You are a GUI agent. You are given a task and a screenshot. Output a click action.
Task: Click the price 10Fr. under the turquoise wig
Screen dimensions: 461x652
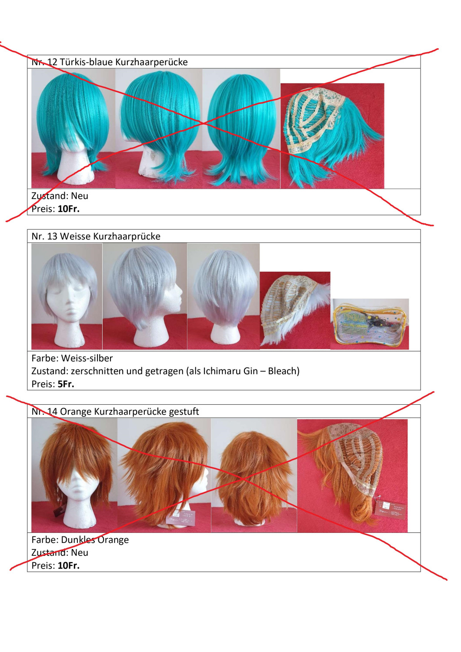[68, 209]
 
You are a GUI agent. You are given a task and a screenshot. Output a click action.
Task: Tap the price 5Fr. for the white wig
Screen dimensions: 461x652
[66, 384]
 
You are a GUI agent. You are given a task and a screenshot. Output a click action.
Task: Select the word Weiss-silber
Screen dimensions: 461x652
[87, 358]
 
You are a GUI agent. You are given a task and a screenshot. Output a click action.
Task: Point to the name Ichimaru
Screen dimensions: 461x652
[222, 371]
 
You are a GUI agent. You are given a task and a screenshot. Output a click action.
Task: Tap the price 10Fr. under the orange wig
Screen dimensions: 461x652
[68, 565]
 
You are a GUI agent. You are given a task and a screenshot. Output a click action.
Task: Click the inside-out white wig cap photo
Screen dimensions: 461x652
[295, 310]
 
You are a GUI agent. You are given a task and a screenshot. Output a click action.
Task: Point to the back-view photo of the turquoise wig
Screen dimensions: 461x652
[241, 128]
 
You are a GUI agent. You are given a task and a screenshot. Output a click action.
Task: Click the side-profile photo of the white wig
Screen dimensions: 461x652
[145, 296]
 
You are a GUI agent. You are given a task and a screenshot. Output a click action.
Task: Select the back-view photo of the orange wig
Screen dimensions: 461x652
[254, 476]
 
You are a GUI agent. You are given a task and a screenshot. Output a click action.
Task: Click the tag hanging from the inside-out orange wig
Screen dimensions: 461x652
[389, 510]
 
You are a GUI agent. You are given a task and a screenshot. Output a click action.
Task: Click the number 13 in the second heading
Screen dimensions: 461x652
[52, 236]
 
